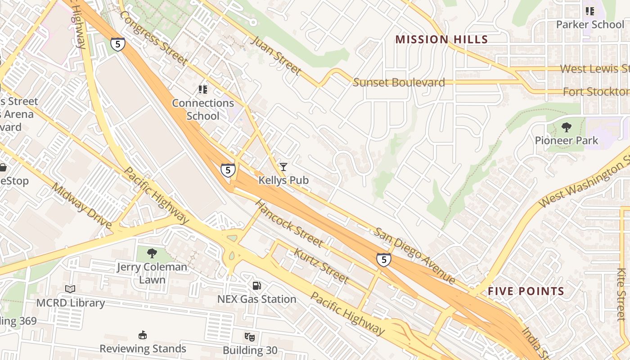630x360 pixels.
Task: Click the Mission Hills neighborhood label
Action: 441,40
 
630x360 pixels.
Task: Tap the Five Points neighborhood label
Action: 526,291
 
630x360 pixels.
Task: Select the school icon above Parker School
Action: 589,11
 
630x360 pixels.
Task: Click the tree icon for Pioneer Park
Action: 567,127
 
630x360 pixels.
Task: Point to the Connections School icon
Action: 203,90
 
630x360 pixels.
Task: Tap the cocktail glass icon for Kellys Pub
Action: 283,167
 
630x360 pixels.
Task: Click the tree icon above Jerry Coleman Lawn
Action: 152,253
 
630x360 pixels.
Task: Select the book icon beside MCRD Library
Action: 70,289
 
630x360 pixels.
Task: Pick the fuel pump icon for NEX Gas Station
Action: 256,286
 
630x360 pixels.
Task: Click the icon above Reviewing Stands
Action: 143,335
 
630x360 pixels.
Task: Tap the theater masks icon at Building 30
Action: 250,337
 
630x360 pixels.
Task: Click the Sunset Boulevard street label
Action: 399,82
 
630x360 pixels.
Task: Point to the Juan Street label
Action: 275,55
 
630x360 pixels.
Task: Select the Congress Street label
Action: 153,38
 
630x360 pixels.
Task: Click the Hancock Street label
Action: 289,223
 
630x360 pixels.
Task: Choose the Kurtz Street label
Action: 321,266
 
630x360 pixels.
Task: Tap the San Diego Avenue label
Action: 415,256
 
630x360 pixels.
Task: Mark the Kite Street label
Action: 621,294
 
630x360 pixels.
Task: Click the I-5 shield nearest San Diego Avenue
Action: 383,260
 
